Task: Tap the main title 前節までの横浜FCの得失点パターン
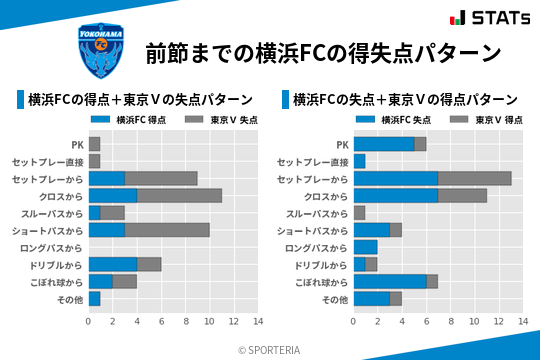[322, 52]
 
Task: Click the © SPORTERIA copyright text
[269, 350]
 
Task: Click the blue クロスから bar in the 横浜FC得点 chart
[112, 196]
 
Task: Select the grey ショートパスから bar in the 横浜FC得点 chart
[167, 230]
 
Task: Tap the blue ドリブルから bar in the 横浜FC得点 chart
[112, 265]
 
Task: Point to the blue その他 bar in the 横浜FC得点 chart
[94, 299]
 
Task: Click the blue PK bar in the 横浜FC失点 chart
[383, 144]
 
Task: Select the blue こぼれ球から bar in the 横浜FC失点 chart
[389, 282]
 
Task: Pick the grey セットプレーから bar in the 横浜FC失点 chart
[474, 178]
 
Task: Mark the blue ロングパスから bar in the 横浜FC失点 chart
[365, 247]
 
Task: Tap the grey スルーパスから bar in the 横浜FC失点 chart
[359, 213]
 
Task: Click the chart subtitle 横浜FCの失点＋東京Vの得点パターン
[405, 100]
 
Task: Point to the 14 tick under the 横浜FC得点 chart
[257, 322]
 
